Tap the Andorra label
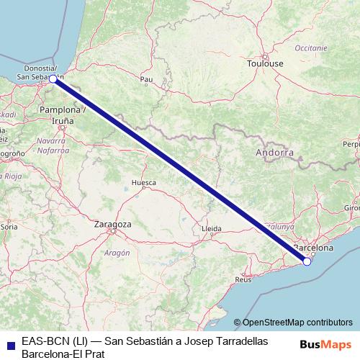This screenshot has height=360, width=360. point(274,153)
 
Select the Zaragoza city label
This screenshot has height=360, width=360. point(113,225)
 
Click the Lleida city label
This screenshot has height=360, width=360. point(212,228)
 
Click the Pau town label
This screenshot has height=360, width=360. point(147,79)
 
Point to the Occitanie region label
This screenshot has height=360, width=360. point(310,47)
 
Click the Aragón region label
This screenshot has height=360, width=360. point(116,253)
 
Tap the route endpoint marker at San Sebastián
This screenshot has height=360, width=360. point(53,78)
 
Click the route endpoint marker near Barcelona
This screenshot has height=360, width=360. point(307,261)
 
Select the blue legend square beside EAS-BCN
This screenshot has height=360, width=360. point(10,345)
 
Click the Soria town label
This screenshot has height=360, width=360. point(9,226)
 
